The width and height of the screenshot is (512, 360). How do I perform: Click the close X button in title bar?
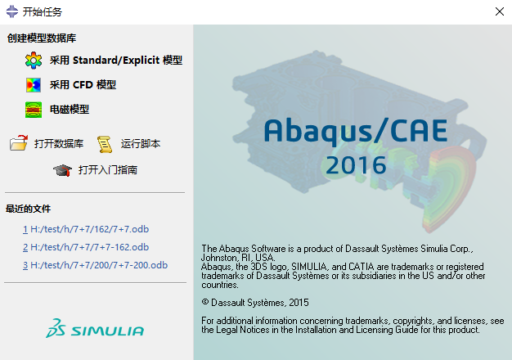(x=499, y=11)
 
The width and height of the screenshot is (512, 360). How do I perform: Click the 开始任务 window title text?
(x=42, y=12)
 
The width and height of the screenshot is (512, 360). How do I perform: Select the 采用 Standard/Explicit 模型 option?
(x=115, y=61)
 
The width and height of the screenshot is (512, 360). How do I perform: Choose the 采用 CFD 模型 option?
(x=83, y=84)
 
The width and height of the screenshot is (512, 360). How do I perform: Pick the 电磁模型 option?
(x=70, y=109)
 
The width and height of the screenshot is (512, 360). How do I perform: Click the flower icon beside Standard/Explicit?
(x=34, y=61)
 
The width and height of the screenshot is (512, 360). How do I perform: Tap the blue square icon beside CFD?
(x=34, y=84)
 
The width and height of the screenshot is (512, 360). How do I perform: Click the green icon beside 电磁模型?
(x=34, y=109)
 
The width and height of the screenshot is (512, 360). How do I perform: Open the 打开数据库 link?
(x=59, y=144)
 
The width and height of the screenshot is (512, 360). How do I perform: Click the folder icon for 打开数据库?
(x=19, y=144)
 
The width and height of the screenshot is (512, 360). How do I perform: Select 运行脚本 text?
(x=141, y=144)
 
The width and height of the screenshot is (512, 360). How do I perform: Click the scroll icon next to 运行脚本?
(x=105, y=144)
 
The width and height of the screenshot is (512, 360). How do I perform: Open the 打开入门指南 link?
(x=108, y=170)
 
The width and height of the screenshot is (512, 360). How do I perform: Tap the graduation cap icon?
(x=62, y=170)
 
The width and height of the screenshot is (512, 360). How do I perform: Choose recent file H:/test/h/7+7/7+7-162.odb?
(x=90, y=247)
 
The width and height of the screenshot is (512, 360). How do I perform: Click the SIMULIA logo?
(x=95, y=330)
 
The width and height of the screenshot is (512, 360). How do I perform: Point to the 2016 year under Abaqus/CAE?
(x=356, y=164)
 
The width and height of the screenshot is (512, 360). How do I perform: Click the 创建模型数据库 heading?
(x=42, y=38)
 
